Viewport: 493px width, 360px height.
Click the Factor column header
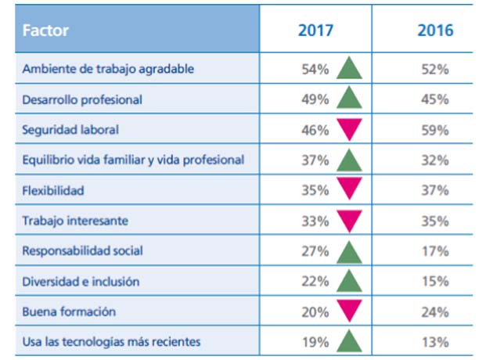46,31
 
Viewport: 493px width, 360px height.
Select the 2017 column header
315,31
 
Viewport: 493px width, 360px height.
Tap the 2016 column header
434,31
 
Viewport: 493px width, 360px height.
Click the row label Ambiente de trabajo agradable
109,69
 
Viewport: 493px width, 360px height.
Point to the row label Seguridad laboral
71,130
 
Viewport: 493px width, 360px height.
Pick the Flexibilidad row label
53,190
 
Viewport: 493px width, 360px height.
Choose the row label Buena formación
69,311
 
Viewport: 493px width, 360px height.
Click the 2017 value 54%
315,69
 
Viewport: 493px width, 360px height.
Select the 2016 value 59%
434,130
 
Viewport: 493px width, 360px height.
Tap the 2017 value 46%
315,130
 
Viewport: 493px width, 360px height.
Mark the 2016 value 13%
434,342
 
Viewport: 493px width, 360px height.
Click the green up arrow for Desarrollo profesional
350,99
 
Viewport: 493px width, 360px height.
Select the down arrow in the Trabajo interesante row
350,221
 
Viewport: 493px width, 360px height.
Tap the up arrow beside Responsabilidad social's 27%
350,250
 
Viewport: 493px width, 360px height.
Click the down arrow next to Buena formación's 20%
350,311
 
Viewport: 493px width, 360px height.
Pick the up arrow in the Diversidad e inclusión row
350,281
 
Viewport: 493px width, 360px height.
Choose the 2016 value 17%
434,251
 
